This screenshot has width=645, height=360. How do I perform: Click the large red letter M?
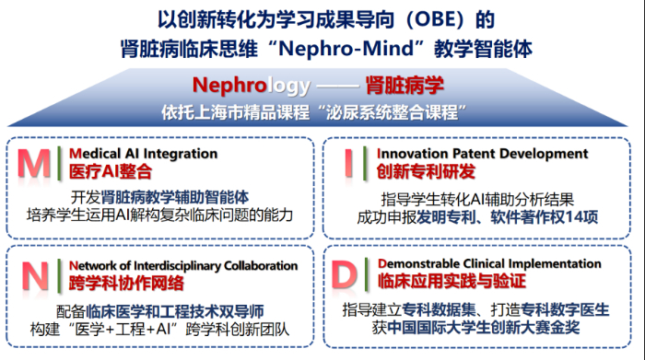[x=34, y=164]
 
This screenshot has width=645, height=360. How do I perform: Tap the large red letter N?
[x=35, y=276]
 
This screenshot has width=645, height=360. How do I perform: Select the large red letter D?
[x=345, y=274]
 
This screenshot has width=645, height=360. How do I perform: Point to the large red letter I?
[x=349, y=163]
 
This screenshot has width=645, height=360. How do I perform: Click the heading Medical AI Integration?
[x=143, y=154]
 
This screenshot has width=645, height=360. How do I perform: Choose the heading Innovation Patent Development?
[x=483, y=154]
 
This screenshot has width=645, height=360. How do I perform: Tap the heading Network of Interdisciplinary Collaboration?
[x=183, y=266]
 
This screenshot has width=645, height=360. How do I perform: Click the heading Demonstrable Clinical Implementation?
[x=489, y=263]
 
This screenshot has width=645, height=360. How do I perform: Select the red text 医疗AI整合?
[x=111, y=172]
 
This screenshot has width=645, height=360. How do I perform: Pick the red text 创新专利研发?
[x=426, y=172]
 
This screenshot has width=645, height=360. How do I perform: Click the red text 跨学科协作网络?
[x=126, y=284]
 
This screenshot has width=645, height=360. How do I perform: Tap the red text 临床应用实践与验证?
[x=452, y=281]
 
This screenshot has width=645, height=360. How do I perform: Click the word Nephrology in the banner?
[x=252, y=86]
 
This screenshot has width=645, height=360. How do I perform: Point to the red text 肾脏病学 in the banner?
[x=405, y=86]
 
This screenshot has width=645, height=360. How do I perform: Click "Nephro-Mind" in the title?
[x=346, y=49]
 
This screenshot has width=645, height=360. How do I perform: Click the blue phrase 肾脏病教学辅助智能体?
[x=175, y=197]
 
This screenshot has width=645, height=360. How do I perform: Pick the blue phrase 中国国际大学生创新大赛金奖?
[x=484, y=328]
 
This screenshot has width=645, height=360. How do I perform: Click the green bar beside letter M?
[x=60, y=163]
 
